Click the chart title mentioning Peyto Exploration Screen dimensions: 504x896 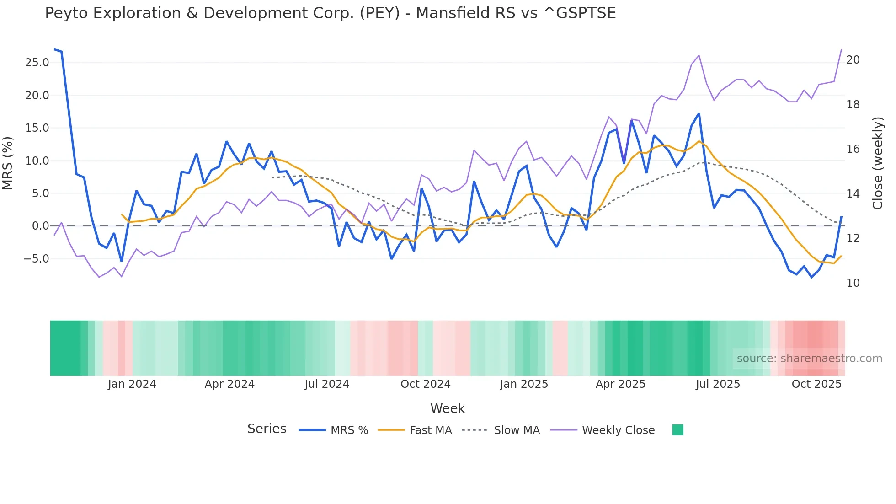pos(330,13)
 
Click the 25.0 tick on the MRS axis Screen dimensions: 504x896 pos(37,63)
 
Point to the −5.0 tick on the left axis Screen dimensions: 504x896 pos(36,259)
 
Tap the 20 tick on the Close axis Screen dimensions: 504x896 pos(853,60)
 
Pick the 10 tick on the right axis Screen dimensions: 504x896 pos(853,283)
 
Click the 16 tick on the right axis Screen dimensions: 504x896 pos(853,149)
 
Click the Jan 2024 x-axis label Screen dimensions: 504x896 pos(132,384)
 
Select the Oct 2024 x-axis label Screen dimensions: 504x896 pos(425,384)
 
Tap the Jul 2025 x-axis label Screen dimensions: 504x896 pos(718,384)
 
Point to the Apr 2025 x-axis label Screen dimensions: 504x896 pos(620,384)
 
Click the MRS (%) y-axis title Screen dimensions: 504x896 pos(8,163)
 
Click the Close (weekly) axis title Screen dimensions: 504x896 pos(877,163)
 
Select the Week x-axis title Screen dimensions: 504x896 pos(448,408)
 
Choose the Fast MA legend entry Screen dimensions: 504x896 pos(430,430)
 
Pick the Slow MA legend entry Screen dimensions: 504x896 pos(517,430)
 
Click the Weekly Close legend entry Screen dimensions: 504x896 pos(618,430)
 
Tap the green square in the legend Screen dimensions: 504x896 pos(678,430)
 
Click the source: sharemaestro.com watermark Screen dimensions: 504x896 pos(809,359)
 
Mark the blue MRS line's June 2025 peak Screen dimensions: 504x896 pos(699,114)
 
